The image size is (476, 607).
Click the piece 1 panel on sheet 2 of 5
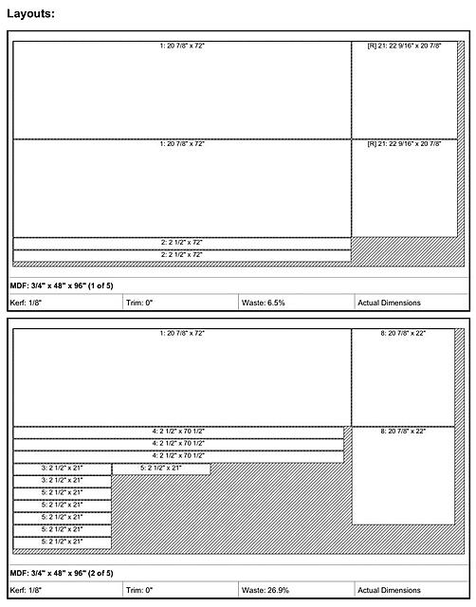(x=181, y=377)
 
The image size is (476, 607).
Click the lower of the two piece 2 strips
(x=181, y=255)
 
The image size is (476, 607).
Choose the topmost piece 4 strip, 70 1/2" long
(x=178, y=432)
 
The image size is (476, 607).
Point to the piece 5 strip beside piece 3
(x=161, y=468)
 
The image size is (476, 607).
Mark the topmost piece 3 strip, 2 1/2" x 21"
(x=63, y=469)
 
